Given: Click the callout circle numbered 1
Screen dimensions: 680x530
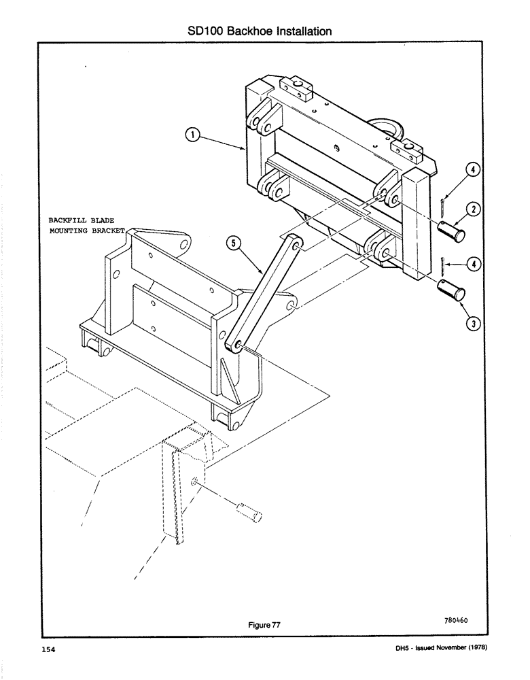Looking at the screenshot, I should pyautogui.click(x=194, y=135).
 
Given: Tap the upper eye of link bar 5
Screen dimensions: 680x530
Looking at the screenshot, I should pyautogui.click(x=293, y=241).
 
